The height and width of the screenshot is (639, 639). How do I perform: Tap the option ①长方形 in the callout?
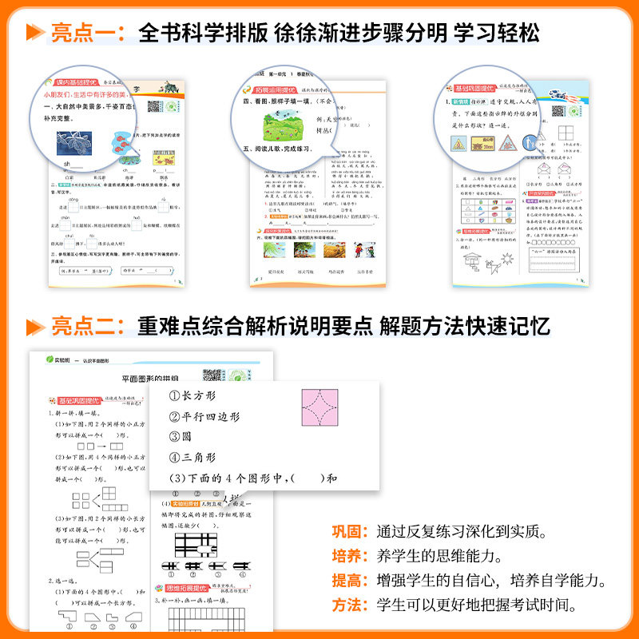click(192, 395)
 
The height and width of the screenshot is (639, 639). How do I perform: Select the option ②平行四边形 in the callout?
click(204, 416)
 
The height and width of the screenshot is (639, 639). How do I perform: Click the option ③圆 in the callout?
click(181, 437)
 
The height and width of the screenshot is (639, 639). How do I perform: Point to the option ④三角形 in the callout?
click(192, 458)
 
